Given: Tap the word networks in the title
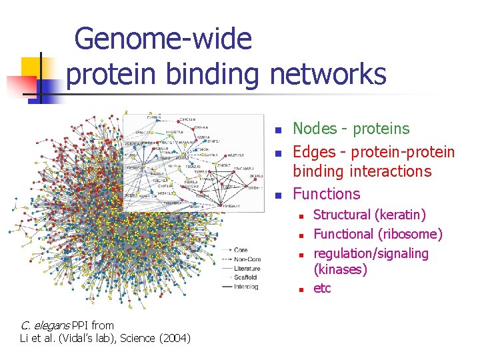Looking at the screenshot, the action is coord(328,74).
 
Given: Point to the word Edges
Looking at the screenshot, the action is coord(315,151).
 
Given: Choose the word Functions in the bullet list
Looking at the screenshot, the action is coord(327,194).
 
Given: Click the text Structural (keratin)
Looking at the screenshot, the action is coord(370,215).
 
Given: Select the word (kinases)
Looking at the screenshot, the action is coord(341,269).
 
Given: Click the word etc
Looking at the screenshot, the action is coord(322,288).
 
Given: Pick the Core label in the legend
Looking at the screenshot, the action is coord(241,250).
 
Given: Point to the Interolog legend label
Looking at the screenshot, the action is coord(245,287).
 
